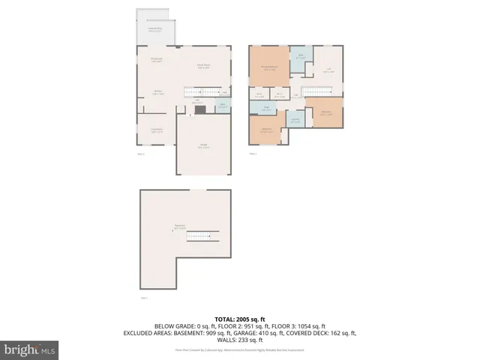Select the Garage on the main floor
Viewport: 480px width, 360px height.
point(203,146)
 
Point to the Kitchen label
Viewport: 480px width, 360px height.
point(158,94)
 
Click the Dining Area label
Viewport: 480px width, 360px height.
point(157,60)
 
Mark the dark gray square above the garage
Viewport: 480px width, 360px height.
point(199,109)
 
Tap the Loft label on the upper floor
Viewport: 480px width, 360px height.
point(328,70)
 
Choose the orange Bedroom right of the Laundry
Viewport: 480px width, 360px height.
point(326,112)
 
